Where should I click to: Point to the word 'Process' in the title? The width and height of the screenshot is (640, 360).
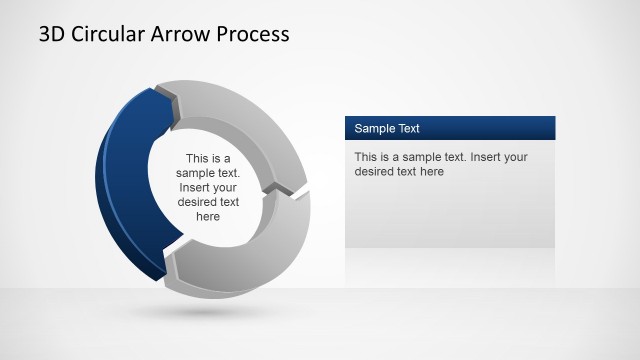[x=254, y=34]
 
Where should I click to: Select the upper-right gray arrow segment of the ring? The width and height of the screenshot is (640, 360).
[x=250, y=120]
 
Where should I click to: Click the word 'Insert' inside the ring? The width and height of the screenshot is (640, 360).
[x=195, y=187]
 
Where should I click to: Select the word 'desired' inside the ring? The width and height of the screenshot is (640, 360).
[x=197, y=201]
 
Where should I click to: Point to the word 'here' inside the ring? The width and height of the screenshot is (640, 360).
[x=208, y=215]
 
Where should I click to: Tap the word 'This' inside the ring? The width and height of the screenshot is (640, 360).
[x=199, y=158]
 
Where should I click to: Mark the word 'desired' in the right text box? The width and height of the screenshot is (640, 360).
[x=376, y=171]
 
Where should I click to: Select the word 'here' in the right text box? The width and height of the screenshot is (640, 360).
[x=431, y=171]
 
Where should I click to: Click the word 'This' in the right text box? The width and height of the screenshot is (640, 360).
[x=366, y=157]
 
